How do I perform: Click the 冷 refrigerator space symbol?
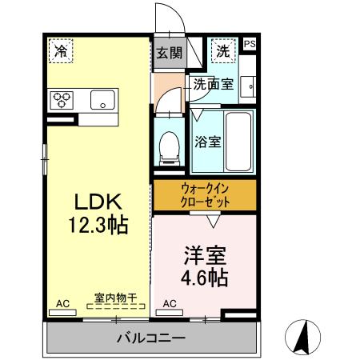click(60, 50)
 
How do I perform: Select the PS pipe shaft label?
click(250, 45)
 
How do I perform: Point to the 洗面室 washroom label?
click(213, 84)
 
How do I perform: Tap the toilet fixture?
click(170, 146)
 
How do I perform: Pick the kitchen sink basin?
click(103, 100)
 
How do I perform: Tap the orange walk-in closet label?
click(205, 195)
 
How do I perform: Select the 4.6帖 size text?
click(204, 278)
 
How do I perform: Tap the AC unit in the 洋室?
click(170, 304)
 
